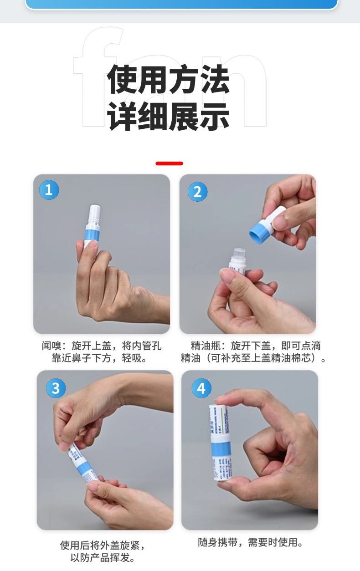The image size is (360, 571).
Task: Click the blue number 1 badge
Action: point(49,189)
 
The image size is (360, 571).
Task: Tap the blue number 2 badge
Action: point(197,192)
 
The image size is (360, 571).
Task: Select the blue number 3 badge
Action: point(56,388)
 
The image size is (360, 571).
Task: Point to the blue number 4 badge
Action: point(201,388)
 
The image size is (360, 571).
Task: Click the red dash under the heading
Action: point(169,163)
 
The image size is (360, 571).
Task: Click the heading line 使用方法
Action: point(169,80)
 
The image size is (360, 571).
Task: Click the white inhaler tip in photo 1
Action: point(95,213)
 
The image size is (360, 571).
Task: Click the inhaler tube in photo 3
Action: point(82,462)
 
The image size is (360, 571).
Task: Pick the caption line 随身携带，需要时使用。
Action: point(251,542)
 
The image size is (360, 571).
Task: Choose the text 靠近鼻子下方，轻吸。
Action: point(100,358)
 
